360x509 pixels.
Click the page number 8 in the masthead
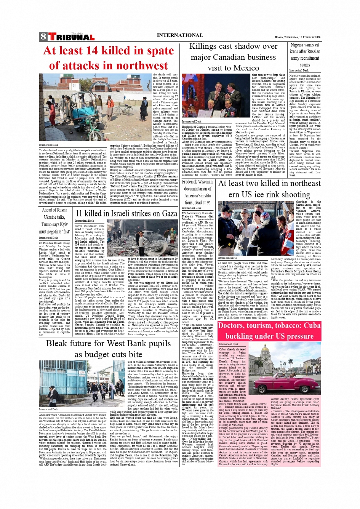point(43,37)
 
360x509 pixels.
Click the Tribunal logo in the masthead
point(71,37)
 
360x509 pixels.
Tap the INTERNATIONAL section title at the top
point(180,35)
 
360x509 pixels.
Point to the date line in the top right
point(298,37)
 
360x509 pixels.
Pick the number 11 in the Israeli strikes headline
point(80,213)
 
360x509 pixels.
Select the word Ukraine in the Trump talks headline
point(49,217)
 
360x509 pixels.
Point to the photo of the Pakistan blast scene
point(96,108)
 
